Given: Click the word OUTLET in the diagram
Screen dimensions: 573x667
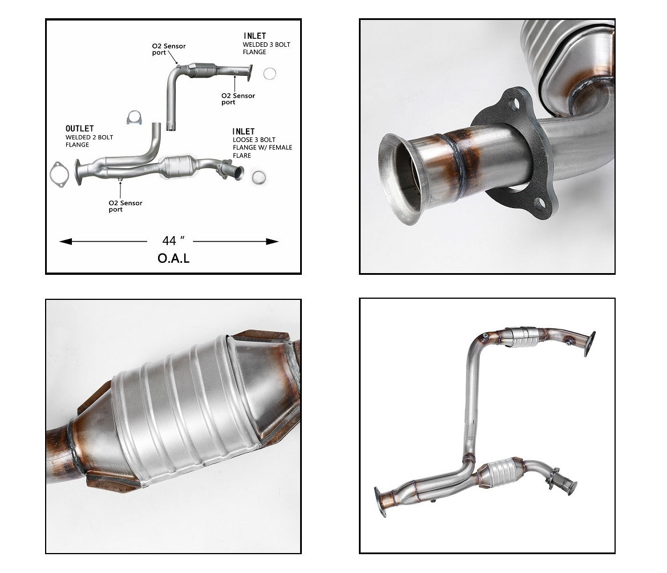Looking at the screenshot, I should click(79, 129).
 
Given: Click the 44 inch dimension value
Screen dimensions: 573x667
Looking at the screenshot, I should click(169, 241).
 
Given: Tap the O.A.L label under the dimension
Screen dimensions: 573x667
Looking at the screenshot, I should click(173, 258).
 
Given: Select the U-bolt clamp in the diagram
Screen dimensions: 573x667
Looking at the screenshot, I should click(134, 117).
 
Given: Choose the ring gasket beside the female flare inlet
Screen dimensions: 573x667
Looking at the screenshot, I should click(258, 176).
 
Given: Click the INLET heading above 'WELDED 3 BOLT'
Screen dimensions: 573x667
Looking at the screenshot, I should click(254, 36).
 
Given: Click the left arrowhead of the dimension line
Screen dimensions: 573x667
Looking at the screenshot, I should click(64, 242).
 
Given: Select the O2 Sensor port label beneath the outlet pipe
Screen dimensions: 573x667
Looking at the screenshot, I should click(125, 206).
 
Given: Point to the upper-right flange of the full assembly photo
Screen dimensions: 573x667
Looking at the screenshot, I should click(589, 343).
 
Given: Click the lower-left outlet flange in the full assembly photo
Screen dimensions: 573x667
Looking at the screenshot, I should click(379, 502).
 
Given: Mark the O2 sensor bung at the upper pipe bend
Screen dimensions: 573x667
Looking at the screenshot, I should click(484, 336).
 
